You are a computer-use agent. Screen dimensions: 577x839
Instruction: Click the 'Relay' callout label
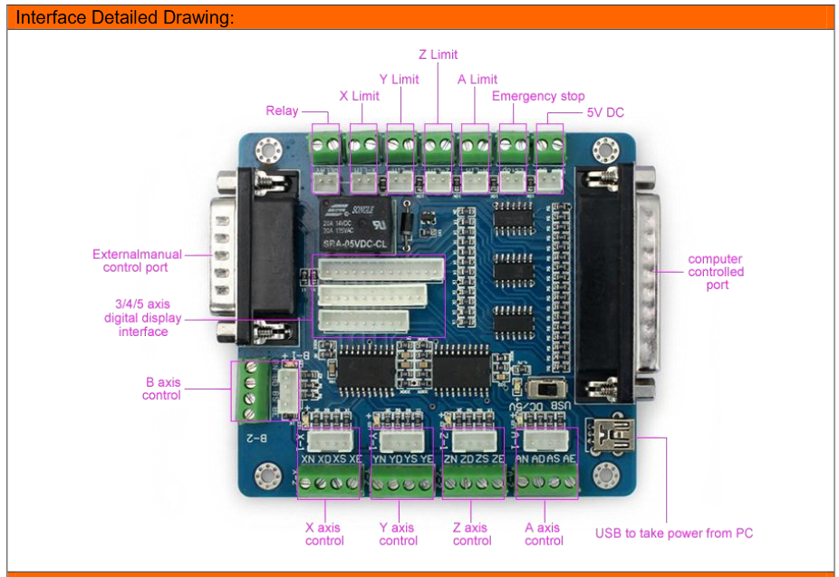pos(282,111)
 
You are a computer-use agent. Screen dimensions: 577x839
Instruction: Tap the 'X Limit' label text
pos(359,96)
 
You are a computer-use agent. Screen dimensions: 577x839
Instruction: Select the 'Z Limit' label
pos(438,54)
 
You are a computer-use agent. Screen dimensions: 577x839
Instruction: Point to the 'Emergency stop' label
pos(538,96)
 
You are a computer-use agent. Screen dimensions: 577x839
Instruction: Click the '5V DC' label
pos(605,112)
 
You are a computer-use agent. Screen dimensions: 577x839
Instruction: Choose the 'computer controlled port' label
pos(715,272)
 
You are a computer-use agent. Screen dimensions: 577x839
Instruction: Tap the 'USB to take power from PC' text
pos(673,533)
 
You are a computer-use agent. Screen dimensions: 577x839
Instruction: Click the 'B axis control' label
pos(162,389)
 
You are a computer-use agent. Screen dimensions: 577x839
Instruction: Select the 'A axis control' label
pos(544,534)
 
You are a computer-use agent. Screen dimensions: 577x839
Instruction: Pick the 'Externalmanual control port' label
pos(137,261)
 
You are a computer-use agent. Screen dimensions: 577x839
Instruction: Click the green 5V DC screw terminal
pos(548,142)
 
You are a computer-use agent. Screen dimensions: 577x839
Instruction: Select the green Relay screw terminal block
pos(324,142)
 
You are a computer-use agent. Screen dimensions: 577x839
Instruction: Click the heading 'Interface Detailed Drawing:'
pos(125,17)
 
